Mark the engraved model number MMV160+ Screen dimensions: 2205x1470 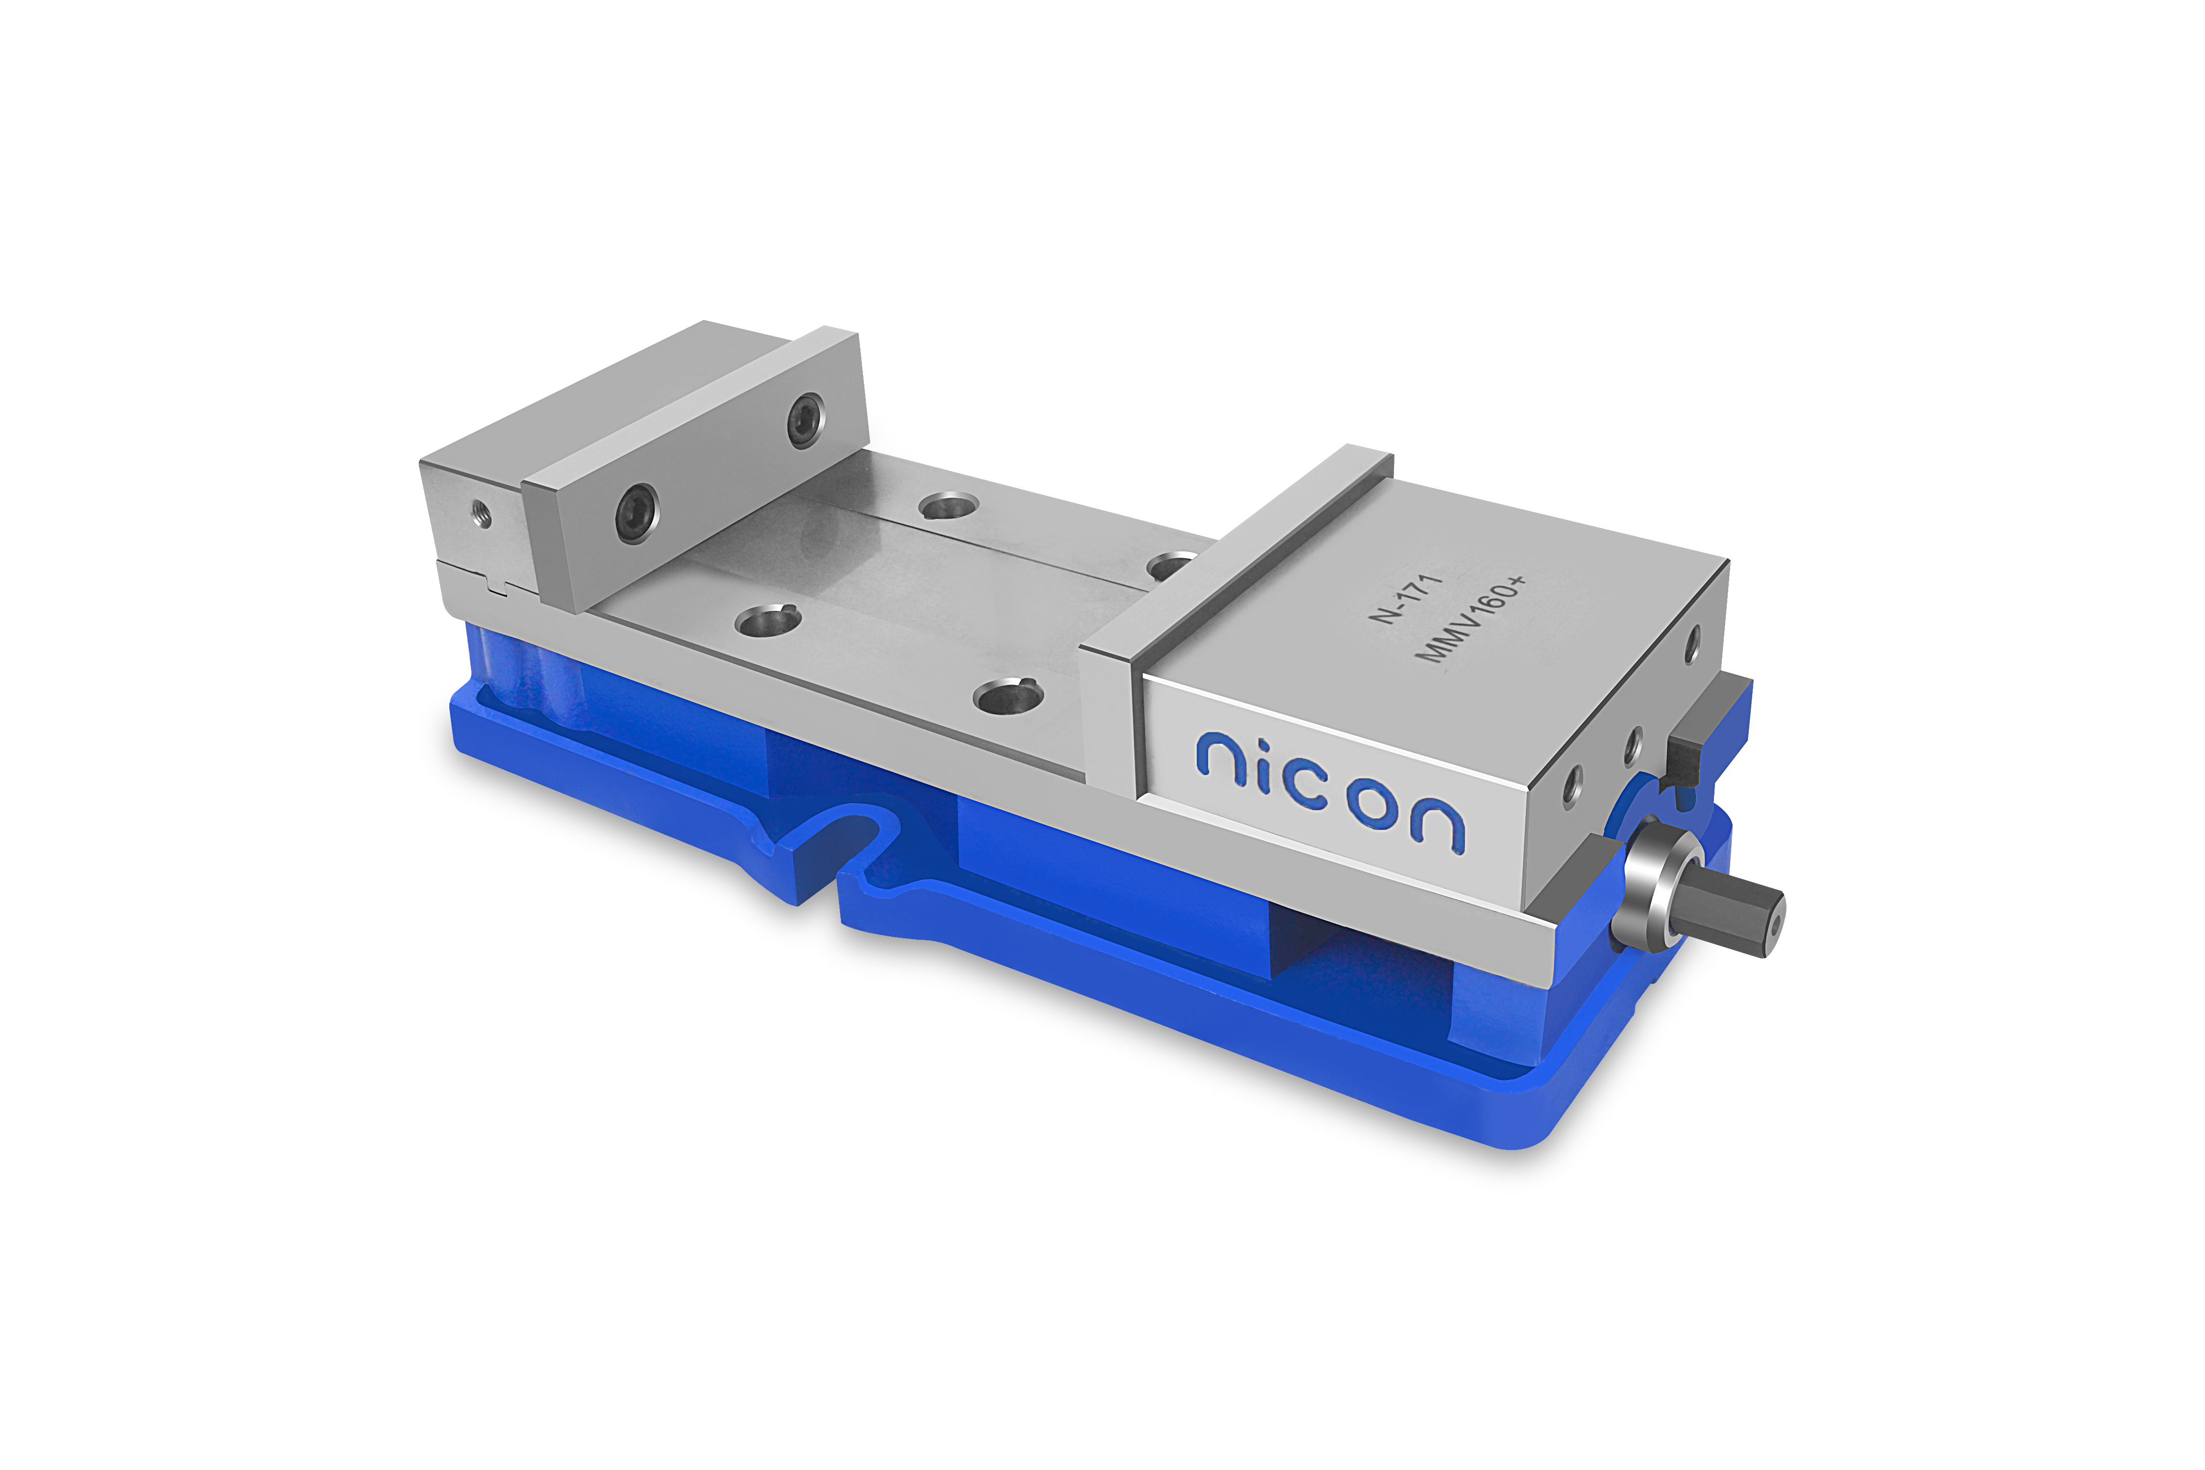click(x=1470, y=619)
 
